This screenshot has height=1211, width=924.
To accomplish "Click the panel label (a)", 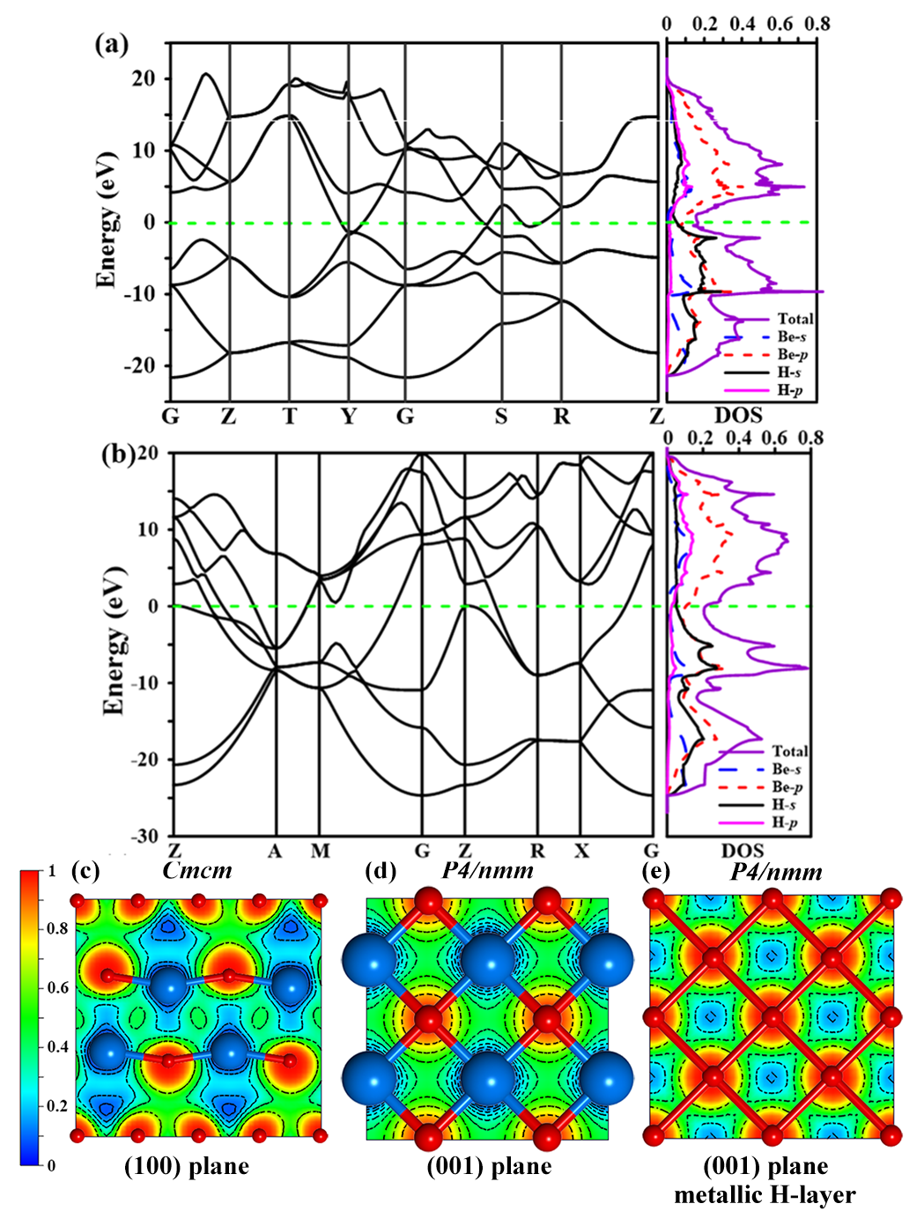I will pos(112,44).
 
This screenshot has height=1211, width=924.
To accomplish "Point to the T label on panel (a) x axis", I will pos(290,416).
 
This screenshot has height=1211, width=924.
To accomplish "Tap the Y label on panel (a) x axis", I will pos(349,416).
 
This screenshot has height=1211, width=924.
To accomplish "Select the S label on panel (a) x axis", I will pos(500,416).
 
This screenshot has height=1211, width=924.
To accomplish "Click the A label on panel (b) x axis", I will pos(276,851).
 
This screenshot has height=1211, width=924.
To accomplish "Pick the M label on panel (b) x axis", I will pos(320,851).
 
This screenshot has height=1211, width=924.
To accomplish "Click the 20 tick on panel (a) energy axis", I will pos(144,78).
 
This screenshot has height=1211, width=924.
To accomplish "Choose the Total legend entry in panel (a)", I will pos(795,319).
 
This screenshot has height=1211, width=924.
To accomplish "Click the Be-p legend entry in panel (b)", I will pos(787,786).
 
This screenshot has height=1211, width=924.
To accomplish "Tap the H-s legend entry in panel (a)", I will pos(789,373).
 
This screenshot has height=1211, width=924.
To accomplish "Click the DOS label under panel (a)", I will pos(738,416).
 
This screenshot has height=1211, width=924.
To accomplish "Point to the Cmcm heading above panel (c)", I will pos(197,870).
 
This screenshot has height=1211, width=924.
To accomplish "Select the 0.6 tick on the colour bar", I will pos(58,987).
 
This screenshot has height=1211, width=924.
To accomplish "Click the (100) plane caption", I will pos(187,1167).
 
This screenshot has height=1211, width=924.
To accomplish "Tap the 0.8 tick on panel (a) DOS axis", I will pos(818,24).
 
